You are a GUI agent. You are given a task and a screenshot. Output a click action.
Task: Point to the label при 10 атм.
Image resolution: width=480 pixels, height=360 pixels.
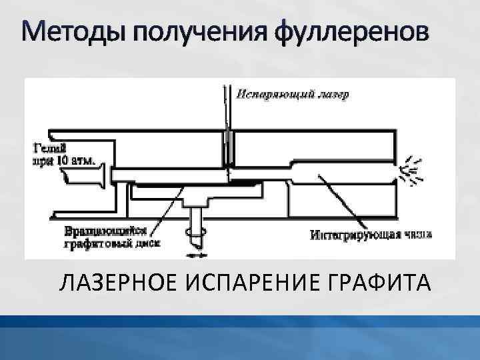pyautogui.click(x=64, y=160)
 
